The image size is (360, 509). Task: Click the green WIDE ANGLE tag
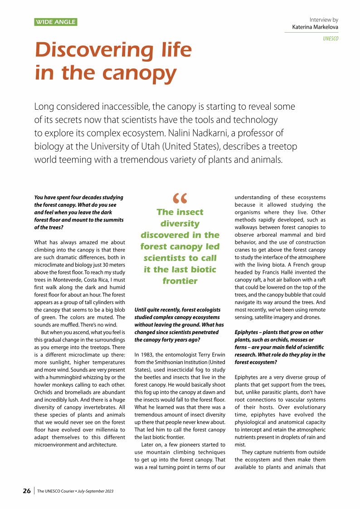[56, 22]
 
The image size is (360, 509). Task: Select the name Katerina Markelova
[312, 28]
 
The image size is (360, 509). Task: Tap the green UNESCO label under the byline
[331, 39]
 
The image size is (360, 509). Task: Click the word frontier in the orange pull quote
[180, 281]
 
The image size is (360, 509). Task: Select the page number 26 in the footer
[27, 491]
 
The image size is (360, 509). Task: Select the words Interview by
[324, 20]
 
